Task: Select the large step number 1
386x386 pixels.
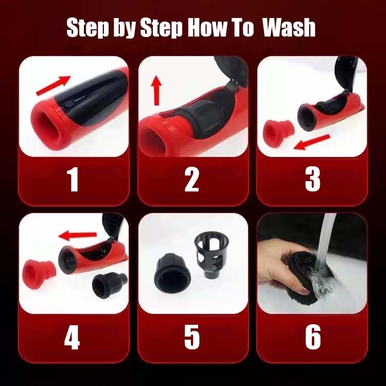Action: [73, 179]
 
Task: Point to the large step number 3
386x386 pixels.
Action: [312, 179]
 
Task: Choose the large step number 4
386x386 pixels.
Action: [72, 337]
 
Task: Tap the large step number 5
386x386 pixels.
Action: [192, 337]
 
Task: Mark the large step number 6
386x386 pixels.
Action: [313, 337]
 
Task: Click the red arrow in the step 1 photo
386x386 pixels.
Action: [53, 85]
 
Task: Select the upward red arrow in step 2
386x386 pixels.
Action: [156, 91]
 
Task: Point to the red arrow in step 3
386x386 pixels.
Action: [312, 142]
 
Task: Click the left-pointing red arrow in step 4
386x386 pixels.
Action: [78, 236]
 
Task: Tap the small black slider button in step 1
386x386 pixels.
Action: [68, 104]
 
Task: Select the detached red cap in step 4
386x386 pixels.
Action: [39, 274]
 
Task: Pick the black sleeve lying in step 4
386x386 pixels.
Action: [109, 285]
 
